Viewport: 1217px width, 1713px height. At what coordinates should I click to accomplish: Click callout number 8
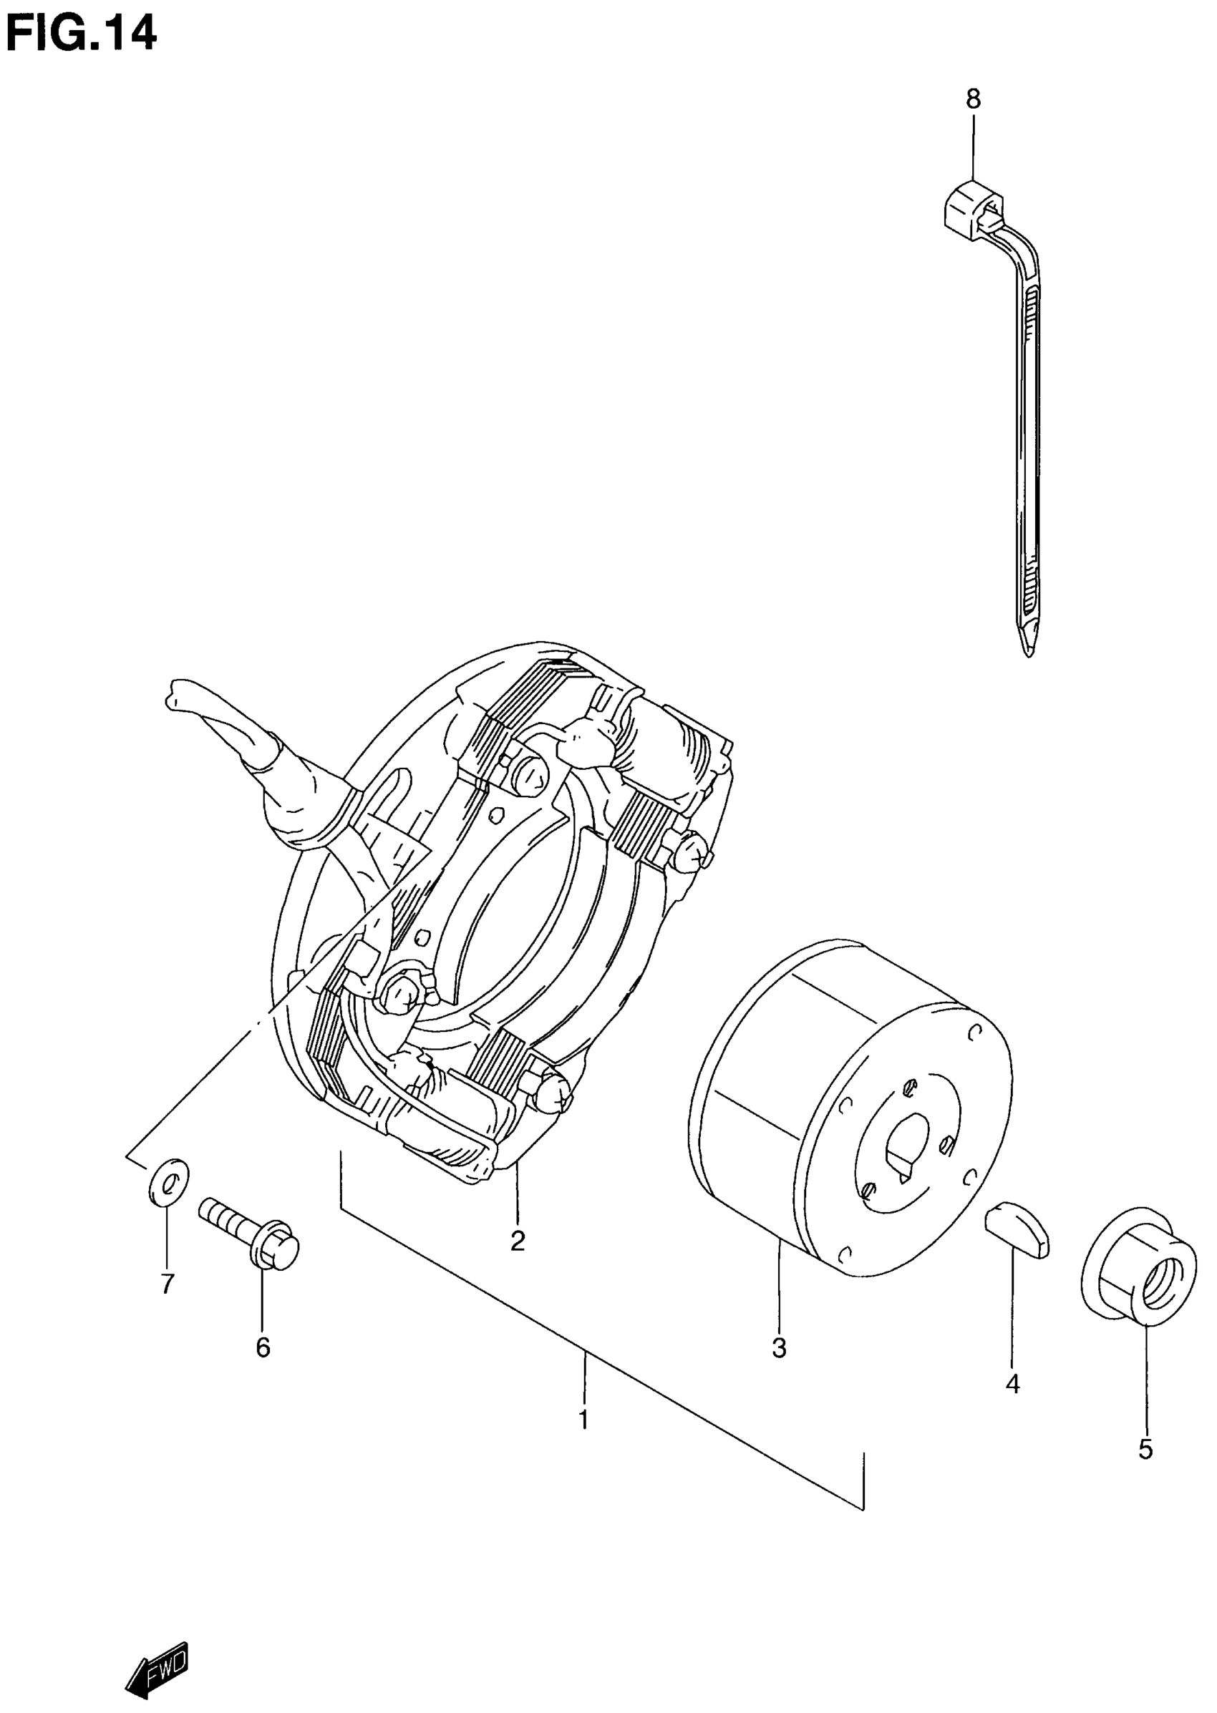[x=973, y=99]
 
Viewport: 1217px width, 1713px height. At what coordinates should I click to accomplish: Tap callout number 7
[x=167, y=1284]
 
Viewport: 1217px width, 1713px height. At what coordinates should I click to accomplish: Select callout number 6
[x=262, y=1347]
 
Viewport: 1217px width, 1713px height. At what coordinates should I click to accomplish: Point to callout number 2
[x=517, y=1240]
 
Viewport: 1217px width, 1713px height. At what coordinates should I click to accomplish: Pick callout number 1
[x=583, y=1420]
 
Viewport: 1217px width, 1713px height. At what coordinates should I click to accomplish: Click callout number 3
[x=779, y=1348]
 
